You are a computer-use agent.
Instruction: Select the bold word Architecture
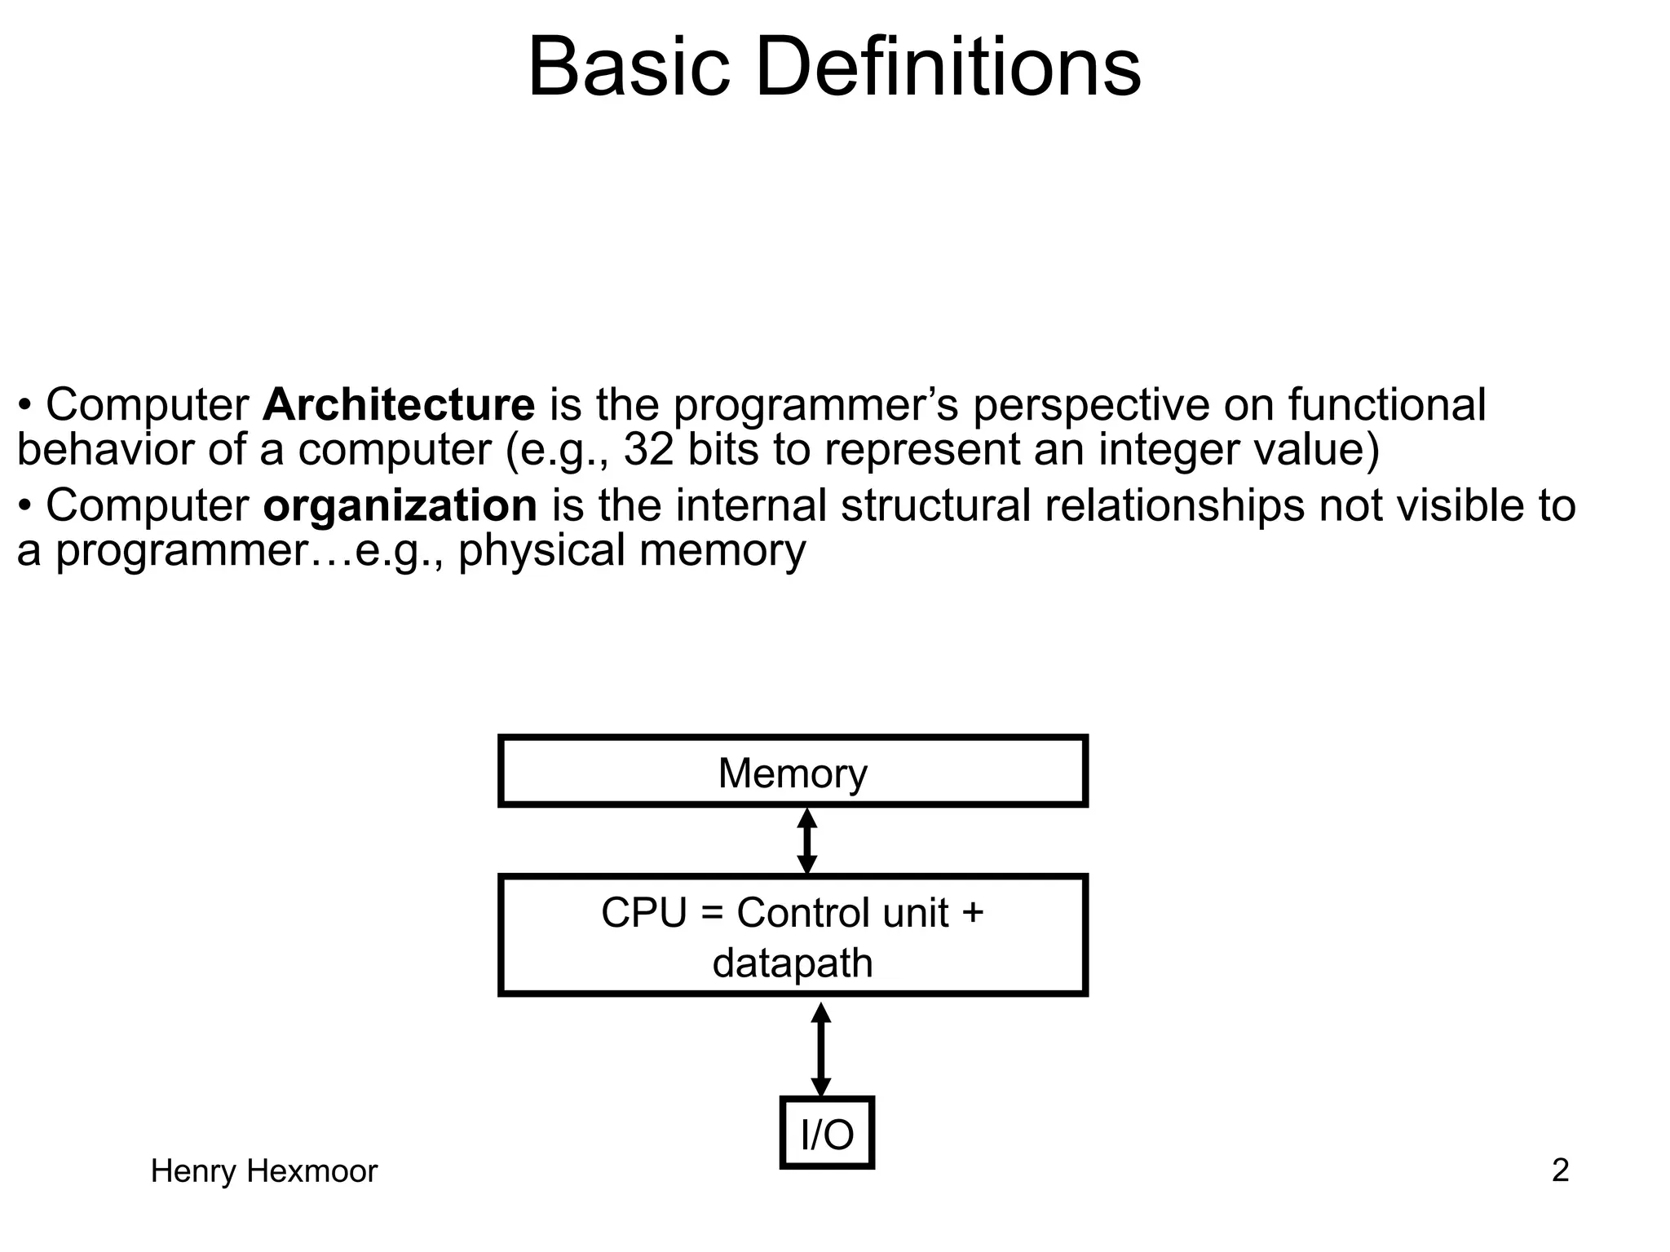click(x=398, y=405)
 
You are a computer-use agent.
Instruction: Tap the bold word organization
click(x=400, y=506)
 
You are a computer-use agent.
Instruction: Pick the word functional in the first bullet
click(x=1386, y=405)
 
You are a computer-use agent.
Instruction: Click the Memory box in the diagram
click(x=793, y=772)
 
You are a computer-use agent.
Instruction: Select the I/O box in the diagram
click(x=827, y=1133)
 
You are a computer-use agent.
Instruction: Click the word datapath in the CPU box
click(x=793, y=963)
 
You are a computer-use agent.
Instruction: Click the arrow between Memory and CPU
click(x=806, y=841)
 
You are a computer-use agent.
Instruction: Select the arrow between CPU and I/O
click(x=821, y=1050)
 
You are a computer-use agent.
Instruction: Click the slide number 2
click(x=1560, y=1171)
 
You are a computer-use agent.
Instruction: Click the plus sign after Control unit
click(x=972, y=913)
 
